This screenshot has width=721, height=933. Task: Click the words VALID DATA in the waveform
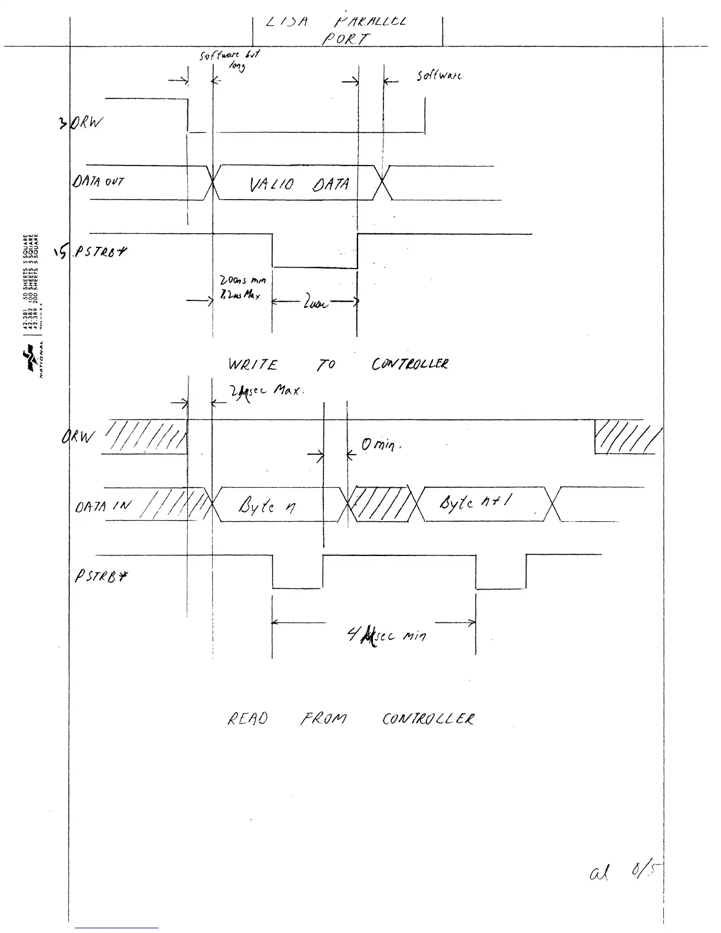pos(300,184)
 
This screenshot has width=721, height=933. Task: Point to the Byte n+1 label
pos(475,502)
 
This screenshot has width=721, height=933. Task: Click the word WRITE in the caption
pos(252,365)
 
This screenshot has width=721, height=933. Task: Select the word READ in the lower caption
pos(247,719)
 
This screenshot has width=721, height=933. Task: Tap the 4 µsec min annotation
pos(386,635)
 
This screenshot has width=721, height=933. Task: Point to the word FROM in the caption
pos(323,719)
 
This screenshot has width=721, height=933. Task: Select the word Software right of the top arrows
pos(439,76)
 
